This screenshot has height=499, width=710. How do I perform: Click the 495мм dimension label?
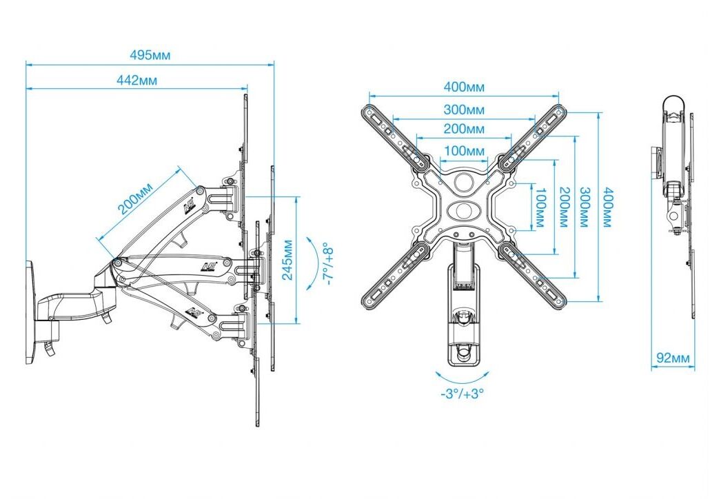pyautogui.click(x=150, y=54)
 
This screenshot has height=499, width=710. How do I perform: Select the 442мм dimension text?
pyautogui.click(x=136, y=80)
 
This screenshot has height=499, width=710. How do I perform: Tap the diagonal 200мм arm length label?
pyautogui.click(x=135, y=198)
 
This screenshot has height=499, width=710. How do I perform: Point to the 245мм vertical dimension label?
pyautogui.click(x=287, y=259)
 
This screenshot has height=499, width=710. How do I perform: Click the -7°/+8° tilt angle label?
pyautogui.click(x=328, y=264)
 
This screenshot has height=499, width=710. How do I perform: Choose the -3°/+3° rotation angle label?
pyautogui.click(x=462, y=394)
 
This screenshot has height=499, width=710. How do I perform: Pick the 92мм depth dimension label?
pyautogui.click(x=673, y=358)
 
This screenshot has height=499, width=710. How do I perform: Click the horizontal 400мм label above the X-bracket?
pyautogui.click(x=464, y=86)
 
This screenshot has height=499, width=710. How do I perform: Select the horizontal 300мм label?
pyautogui.click(x=464, y=110)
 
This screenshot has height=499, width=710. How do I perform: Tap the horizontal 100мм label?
pyautogui.click(x=464, y=151)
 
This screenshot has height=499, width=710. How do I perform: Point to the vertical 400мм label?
pyautogui.click(x=607, y=207)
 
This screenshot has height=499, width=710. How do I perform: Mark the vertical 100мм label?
pyautogui.click(x=540, y=207)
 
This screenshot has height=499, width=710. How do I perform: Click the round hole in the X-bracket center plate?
pyautogui.click(x=464, y=181)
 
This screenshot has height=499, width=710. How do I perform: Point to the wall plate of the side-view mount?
pyautogui.click(x=31, y=312)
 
